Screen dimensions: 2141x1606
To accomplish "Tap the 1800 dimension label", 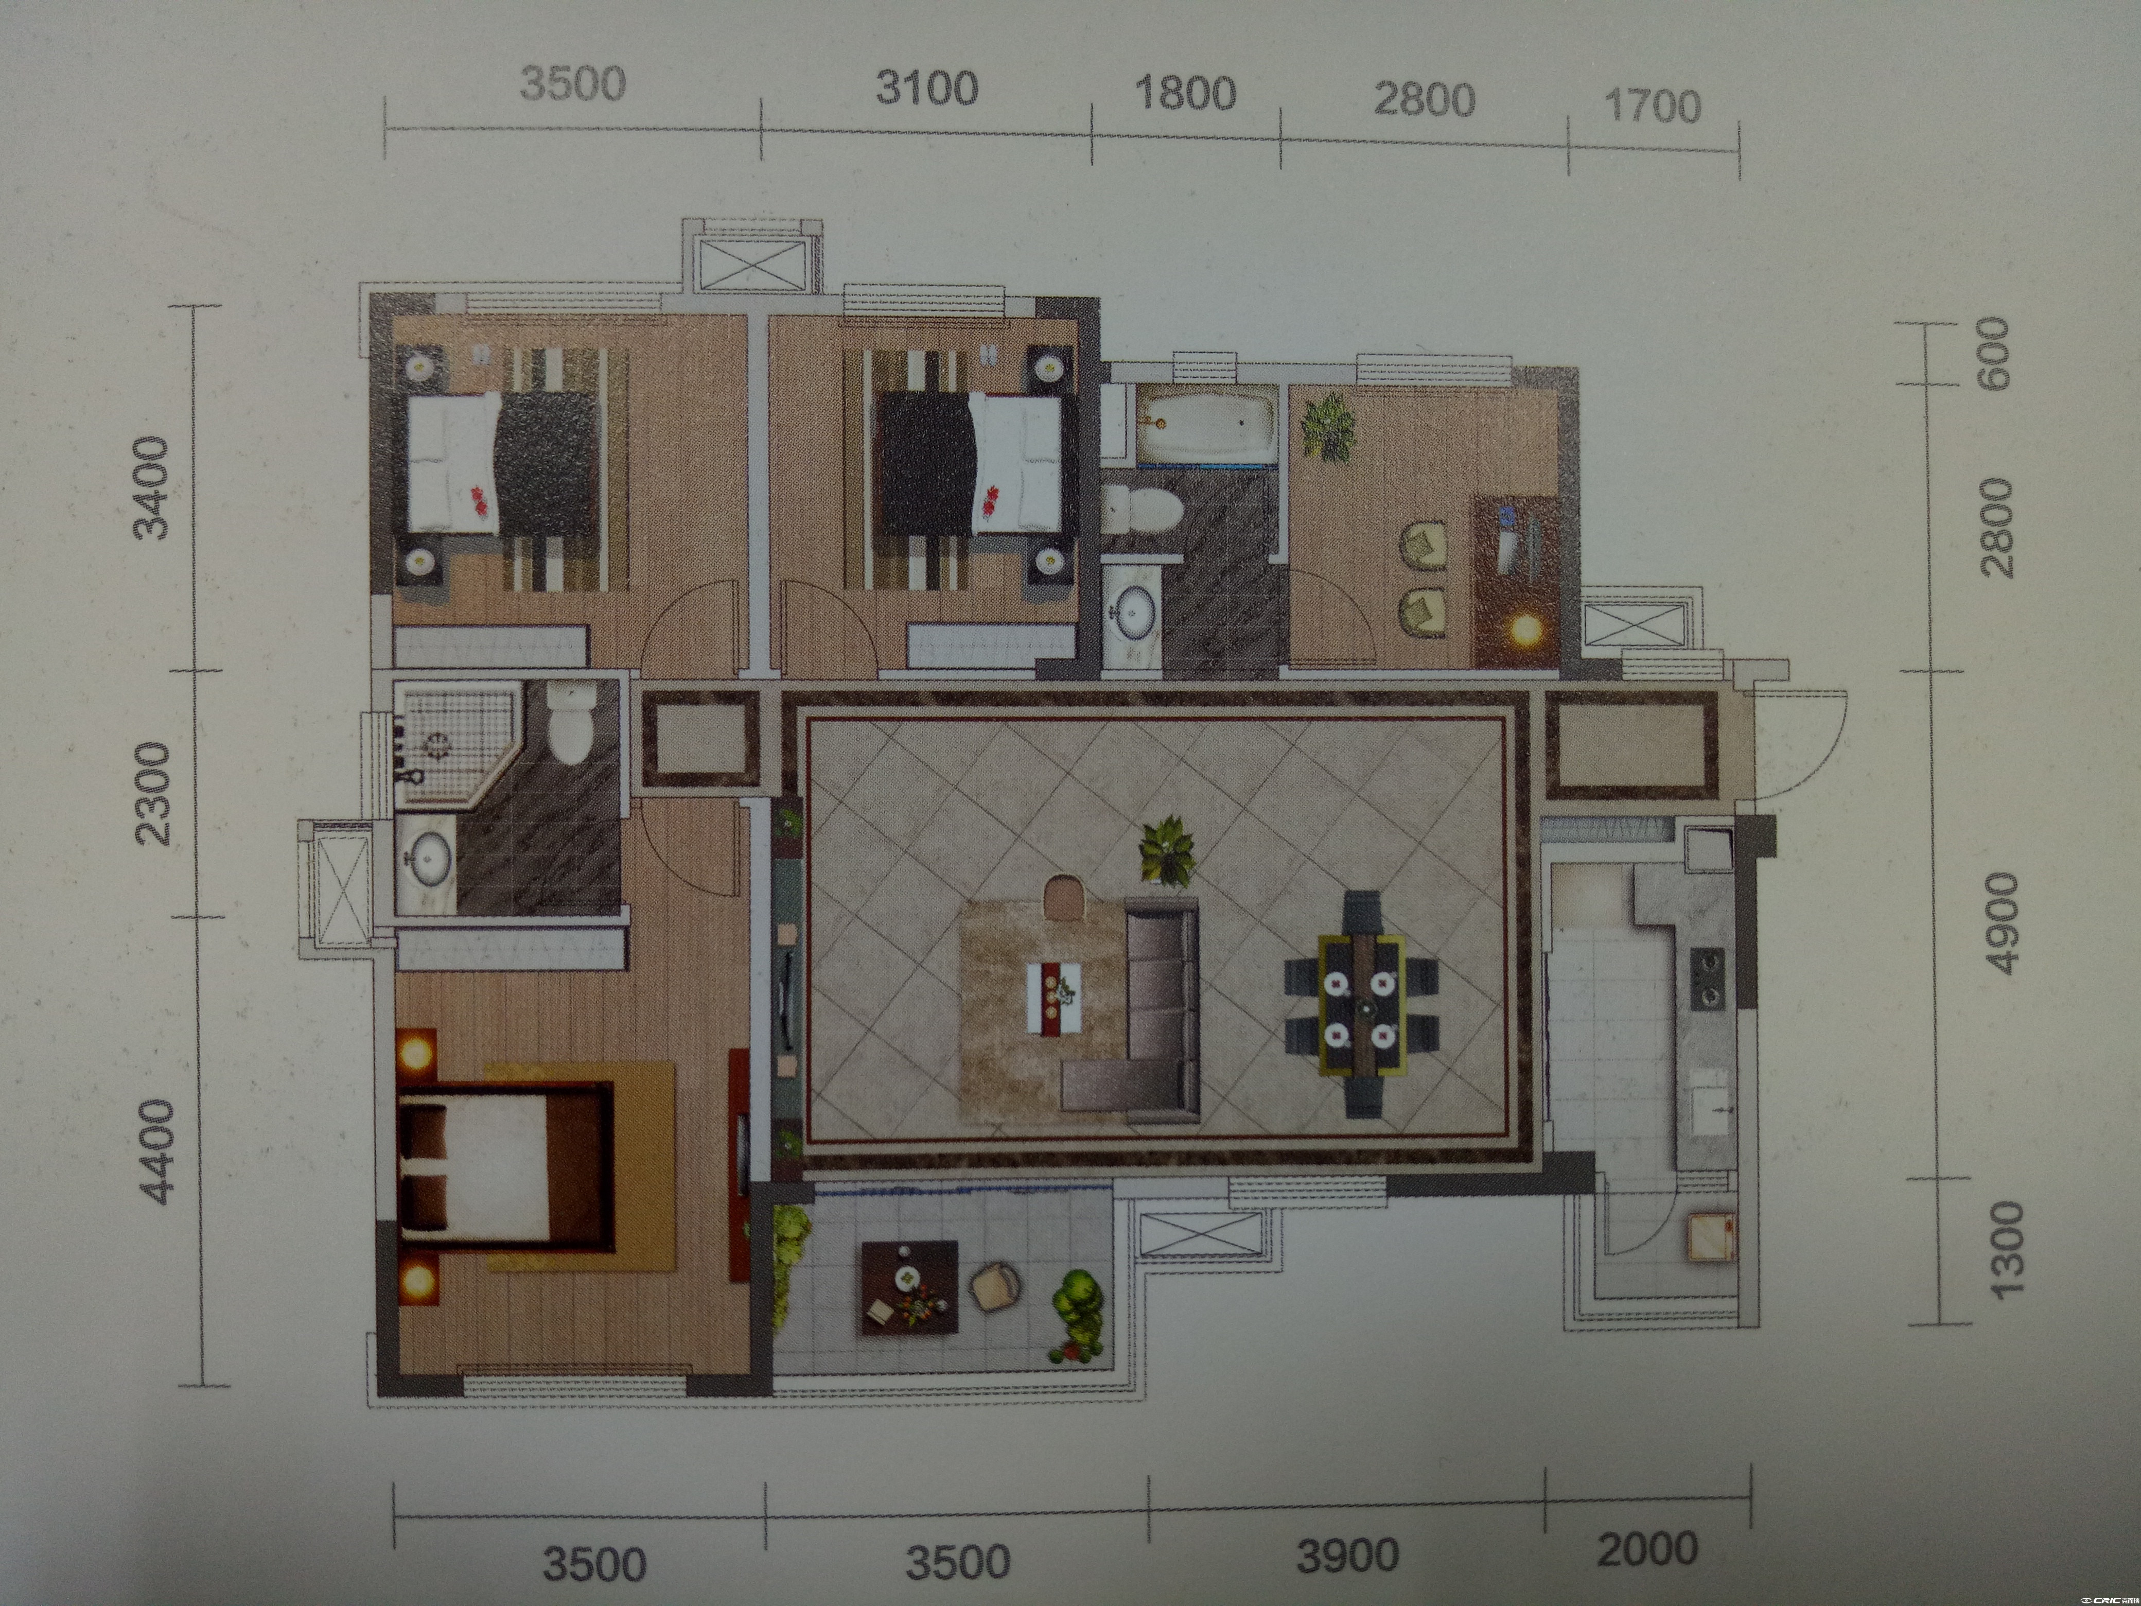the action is pos(1185,94).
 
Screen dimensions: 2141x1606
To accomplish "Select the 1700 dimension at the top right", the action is pos(1652,107).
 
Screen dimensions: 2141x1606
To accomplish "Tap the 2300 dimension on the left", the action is pos(153,794).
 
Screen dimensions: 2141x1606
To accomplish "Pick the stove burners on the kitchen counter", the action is pos(1707,977).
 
